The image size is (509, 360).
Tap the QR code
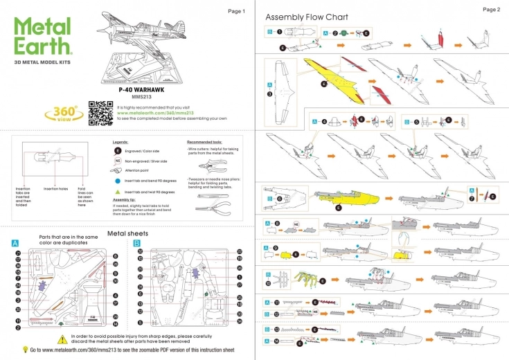click(100, 112)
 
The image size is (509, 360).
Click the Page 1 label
click(236, 12)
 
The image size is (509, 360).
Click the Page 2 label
click(491, 10)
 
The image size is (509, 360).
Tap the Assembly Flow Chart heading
click(307, 17)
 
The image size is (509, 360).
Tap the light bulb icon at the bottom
click(25, 350)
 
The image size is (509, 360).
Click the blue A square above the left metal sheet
click(15, 244)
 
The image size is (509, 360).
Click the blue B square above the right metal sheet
click(136, 244)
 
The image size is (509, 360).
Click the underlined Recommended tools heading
click(204, 141)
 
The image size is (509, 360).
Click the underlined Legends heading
click(120, 141)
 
